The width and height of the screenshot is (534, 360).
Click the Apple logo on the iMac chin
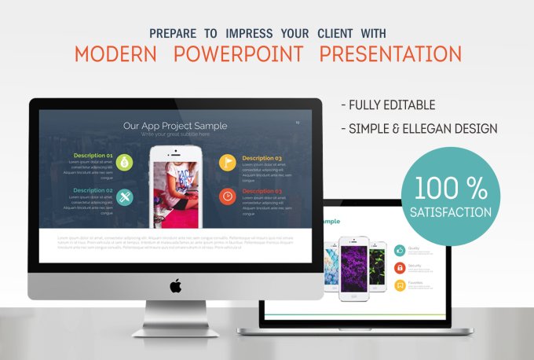tap(175, 285)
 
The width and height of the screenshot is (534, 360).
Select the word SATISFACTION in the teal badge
tap(450, 212)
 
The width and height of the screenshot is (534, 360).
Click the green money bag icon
tap(126, 162)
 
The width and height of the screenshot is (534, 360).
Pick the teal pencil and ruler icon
tap(126, 196)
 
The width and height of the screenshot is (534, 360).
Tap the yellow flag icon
tap(227, 162)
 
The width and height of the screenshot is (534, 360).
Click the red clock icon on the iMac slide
tap(227, 196)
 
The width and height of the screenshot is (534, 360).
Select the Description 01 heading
tap(93, 156)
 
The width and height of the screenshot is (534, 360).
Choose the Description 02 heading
tap(93, 190)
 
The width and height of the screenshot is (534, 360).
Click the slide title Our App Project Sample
tap(175, 125)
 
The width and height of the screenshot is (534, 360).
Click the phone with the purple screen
tap(353, 267)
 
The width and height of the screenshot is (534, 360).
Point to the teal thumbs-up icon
tap(400, 250)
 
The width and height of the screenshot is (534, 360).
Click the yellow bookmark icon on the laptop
tap(400, 285)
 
